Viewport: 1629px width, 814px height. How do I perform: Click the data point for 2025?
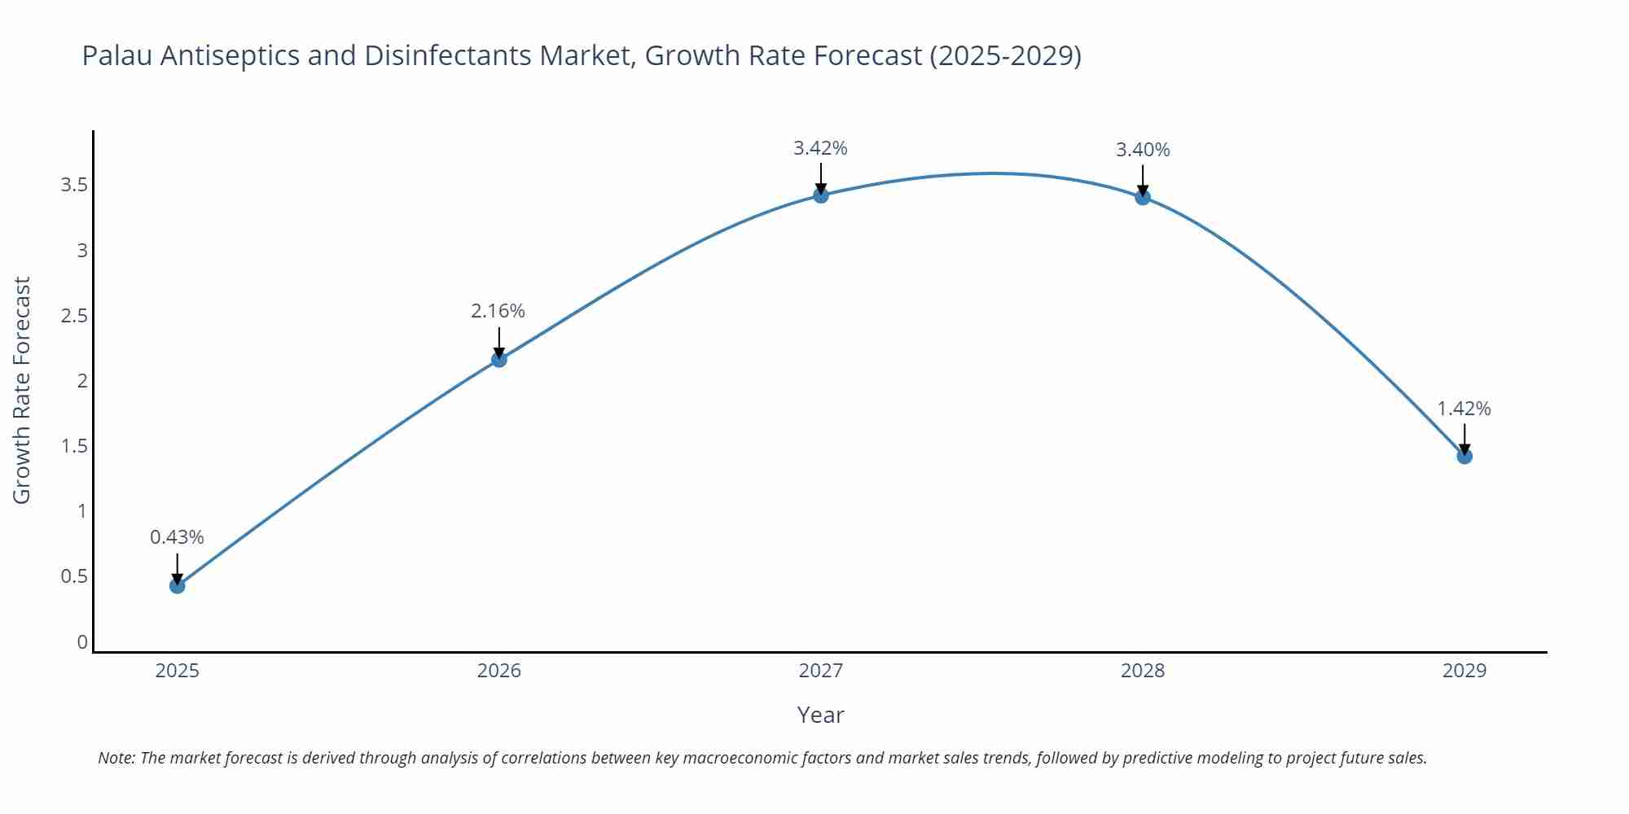178,585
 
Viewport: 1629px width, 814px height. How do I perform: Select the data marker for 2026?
499,359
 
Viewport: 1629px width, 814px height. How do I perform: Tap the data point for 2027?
821,195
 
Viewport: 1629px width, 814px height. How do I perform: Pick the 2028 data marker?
1143,197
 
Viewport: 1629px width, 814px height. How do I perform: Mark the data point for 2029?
1464,456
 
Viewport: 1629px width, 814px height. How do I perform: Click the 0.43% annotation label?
177,537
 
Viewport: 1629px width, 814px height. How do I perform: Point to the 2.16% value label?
498,311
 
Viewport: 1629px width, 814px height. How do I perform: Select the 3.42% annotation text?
820,148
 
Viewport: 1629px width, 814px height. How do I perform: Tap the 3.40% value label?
1143,150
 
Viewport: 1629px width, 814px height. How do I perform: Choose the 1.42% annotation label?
1464,409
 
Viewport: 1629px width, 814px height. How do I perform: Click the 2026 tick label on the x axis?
499,671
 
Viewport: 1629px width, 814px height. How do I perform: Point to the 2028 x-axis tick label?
1143,671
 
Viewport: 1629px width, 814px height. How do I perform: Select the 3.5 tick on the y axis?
74,185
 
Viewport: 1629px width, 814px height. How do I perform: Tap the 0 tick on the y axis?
82,642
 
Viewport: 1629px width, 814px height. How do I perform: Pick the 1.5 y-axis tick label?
74,446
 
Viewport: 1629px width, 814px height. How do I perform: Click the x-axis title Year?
820,715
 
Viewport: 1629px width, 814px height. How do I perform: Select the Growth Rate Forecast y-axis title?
22,390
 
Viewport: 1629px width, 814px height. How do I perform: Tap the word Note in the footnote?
116,758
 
